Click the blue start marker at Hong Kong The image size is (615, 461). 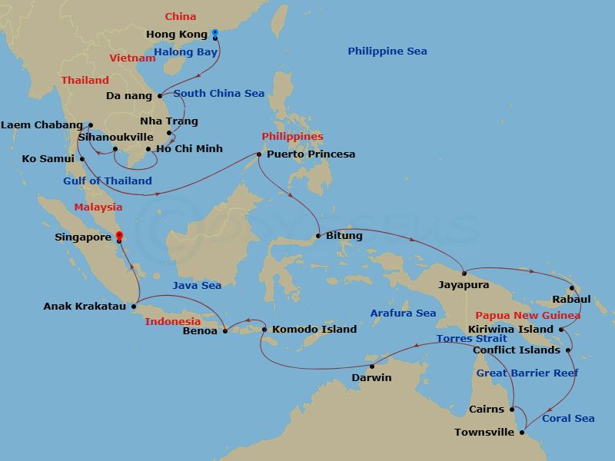tap(215, 33)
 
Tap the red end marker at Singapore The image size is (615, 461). tap(118, 237)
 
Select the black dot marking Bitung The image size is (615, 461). tap(318, 236)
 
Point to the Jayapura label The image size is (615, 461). tap(463, 285)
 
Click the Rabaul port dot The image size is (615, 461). tap(572, 289)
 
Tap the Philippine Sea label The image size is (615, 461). tap(387, 51)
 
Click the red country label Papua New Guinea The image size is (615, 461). tap(527, 316)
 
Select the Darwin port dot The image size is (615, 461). tap(372, 366)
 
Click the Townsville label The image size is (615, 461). tap(484, 433)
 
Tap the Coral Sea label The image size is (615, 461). tap(568, 419)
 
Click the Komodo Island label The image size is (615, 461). tap(314, 330)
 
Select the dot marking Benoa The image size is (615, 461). tap(225, 331)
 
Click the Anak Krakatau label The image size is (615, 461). tap(84, 307)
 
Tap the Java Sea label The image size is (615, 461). tap(197, 286)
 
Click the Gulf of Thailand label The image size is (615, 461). tap(108, 181)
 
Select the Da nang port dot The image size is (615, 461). tap(160, 96)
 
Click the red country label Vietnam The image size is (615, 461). tap(132, 58)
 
